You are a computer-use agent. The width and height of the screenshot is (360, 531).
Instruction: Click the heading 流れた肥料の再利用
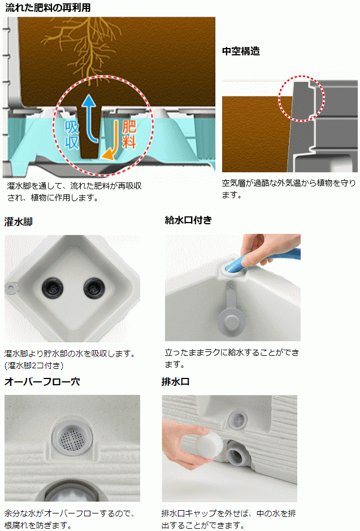[47, 7]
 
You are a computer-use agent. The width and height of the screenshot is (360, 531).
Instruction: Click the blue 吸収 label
[72, 135]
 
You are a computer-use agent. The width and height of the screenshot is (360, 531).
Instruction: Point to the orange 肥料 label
[129, 134]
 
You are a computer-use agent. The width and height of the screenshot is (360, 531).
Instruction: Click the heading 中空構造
[241, 51]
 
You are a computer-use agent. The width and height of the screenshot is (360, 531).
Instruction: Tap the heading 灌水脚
[18, 222]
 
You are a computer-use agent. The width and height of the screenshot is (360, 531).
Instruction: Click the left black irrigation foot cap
[53, 289]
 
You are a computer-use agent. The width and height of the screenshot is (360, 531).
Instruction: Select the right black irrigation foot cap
[94, 289]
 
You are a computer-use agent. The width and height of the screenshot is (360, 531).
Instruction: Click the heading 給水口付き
[188, 220]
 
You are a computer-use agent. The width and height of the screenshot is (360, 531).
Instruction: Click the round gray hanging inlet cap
[230, 321]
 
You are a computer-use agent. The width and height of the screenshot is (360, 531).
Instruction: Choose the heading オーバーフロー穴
[42, 382]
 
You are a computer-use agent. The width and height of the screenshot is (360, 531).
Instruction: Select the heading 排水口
[175, 382]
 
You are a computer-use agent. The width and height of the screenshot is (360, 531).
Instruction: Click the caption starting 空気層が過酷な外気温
[289, 189]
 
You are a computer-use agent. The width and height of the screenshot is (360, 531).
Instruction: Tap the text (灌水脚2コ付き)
[34, 365]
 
